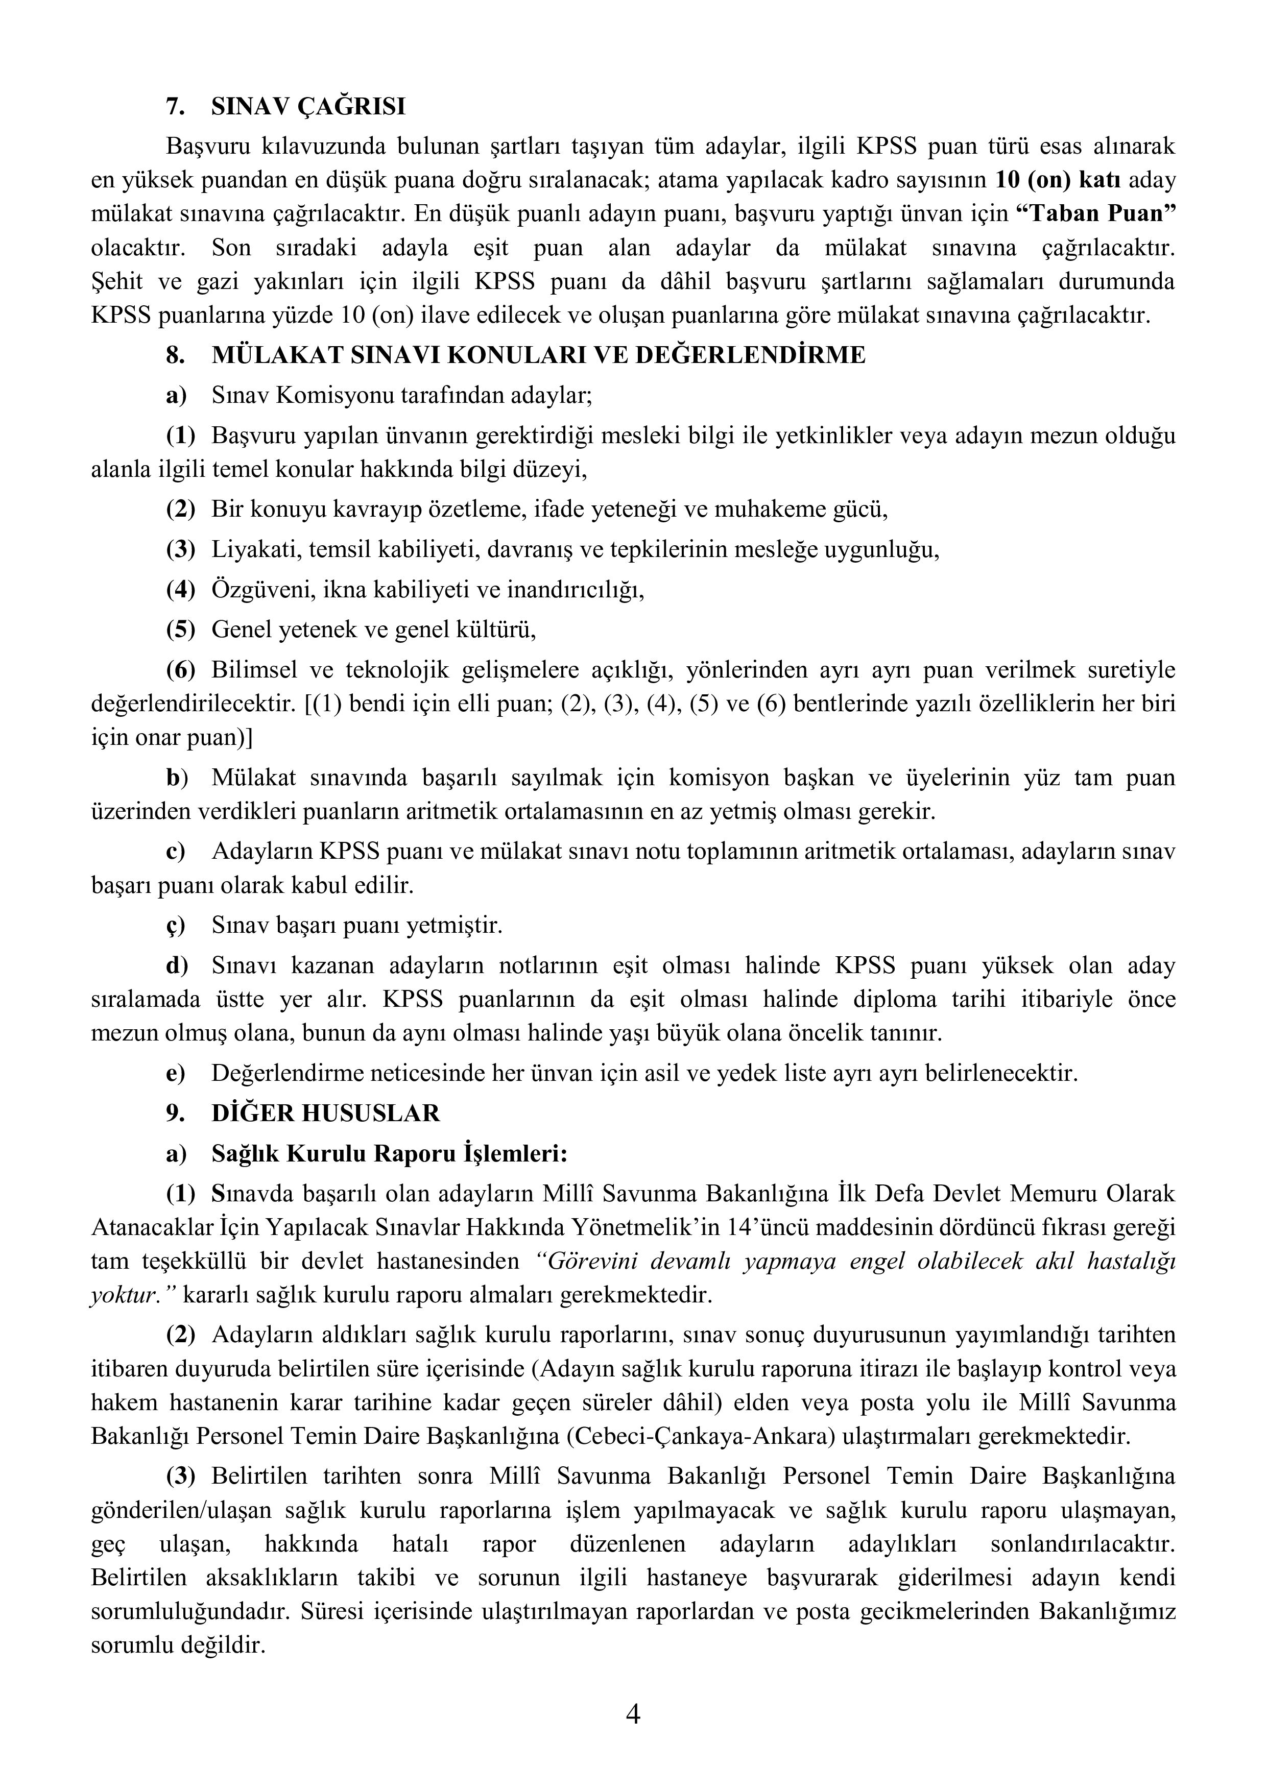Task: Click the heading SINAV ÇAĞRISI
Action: (308, 106)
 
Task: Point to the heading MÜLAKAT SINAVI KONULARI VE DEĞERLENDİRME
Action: (538, 355)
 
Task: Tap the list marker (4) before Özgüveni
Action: (180, 590)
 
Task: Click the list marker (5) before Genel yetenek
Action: (180, 630)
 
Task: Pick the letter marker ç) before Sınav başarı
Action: (176, 926)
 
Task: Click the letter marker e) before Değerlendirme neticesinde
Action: (176, 1073)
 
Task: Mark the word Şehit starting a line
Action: (115, 282)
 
